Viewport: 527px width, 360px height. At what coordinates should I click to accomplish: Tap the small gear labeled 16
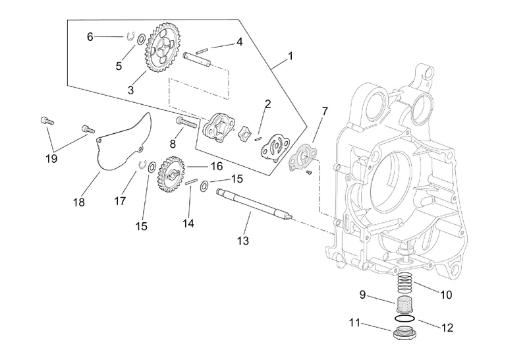pos(171,174)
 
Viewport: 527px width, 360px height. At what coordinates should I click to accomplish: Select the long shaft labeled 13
pos(254,204)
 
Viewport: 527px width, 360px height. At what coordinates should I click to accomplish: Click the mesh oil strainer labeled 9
pos(405,305)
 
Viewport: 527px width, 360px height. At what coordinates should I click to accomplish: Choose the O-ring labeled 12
pos(404,318)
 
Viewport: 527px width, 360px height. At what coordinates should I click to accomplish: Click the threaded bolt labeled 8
pos(186,121)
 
